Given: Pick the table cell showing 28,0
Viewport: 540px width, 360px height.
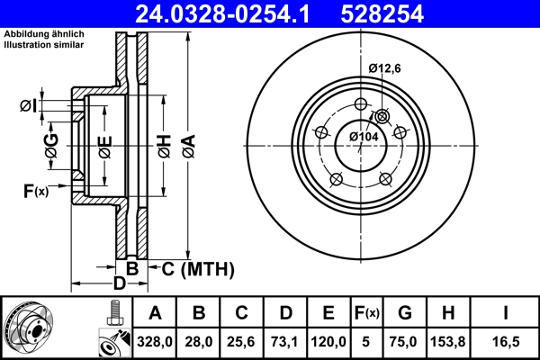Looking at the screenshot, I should [199, 340].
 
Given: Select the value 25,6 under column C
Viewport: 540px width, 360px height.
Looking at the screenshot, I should [242, 340].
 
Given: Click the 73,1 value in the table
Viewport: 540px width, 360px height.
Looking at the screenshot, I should [285, 340].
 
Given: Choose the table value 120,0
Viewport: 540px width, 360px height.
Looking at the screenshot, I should [328, 340].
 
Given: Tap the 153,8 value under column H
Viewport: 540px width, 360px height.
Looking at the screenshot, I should [447, 340].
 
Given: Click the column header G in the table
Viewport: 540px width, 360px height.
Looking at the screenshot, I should [404, 313].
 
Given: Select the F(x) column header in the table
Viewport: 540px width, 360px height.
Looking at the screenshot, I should [367, 313].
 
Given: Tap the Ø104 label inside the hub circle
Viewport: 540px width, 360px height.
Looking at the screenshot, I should [364, 136].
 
